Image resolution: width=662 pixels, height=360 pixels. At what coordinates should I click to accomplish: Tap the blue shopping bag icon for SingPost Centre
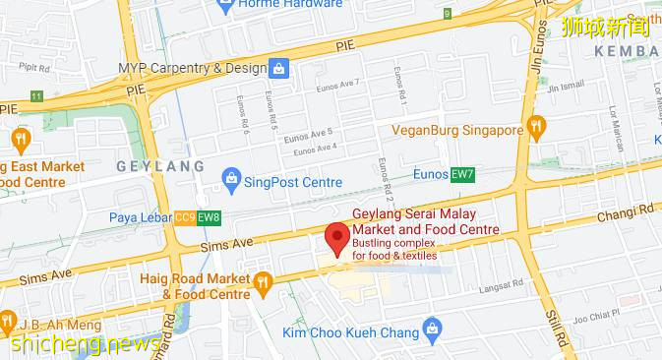click(x=231, y=179)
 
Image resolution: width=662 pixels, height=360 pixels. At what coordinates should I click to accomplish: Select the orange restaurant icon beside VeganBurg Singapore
click(x=535, y=127)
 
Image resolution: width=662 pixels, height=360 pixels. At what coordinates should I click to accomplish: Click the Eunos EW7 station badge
click(x=462, y=175)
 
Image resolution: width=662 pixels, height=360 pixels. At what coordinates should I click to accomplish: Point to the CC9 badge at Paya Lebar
click(x=185, y=216)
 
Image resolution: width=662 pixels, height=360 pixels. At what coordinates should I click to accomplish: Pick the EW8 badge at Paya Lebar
click(x=208, y=216)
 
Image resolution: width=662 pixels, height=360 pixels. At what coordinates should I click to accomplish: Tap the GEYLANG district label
click(x=160, y=166)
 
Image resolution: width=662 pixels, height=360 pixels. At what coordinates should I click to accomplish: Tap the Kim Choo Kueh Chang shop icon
click(x=429, y=327)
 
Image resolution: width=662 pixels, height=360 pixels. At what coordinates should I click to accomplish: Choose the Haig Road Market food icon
click(x=262, y=284)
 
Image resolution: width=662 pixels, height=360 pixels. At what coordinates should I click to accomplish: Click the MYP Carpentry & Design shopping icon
click(x=279, y=69)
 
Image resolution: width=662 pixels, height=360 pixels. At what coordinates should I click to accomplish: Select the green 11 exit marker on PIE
click(x=35, y=95)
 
